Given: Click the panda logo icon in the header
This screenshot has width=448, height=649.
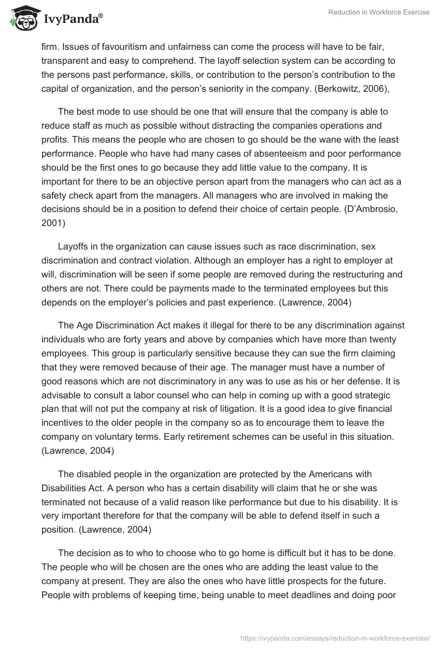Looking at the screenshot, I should (23, 18).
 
